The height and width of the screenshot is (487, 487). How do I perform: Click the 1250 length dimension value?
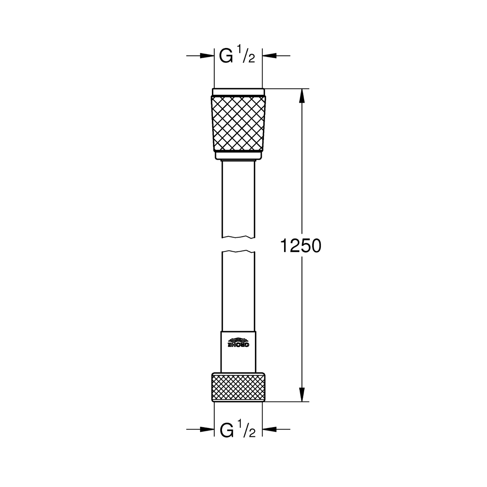point(300,245)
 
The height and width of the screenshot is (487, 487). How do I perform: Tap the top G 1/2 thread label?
point(237,56)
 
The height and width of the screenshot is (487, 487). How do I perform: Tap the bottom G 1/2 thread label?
point(237,429)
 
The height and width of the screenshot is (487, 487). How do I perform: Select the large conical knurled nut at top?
point(238,124)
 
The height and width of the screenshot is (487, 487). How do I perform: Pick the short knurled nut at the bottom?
point(238,387)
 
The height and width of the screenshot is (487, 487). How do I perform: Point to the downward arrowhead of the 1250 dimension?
point(302,395)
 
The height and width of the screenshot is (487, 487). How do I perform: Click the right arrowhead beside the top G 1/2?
point(269,56)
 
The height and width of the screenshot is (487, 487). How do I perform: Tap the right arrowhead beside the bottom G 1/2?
point(269,429)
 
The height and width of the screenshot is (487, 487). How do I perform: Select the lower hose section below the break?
point(238,291)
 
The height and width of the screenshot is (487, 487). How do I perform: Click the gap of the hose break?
point(238,244)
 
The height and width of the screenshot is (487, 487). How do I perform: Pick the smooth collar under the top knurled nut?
point(238,156)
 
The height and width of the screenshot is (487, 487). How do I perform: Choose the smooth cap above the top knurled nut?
point(238,92)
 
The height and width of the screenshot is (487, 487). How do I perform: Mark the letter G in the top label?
point(226,56)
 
